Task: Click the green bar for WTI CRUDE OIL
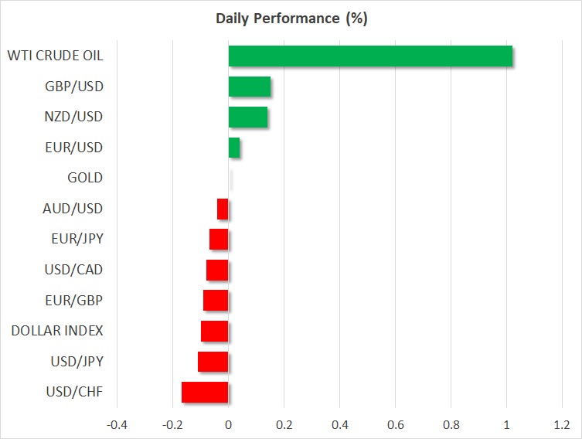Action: click(x=370, y=56)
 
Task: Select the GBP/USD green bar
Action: click(x=250, y=87)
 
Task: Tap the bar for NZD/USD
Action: click(x=248, y=117)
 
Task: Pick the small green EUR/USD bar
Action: click(x=234, y=148)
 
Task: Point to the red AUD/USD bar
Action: click(x=223, y=209)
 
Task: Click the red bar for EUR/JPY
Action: click(x=219, y=240)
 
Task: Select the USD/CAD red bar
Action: click(x=217, y=271)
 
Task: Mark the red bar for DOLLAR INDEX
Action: click(x=215, y=331)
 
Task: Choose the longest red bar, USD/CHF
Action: click(x=205, y=393)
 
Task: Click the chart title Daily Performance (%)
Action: click(x=291, y=19)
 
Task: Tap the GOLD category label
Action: click(x=85, y=178)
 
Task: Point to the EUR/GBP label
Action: click(x=74, y=300)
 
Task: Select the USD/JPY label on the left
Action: click(x=77, y=362)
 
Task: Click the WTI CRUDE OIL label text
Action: click(x=56, y=56)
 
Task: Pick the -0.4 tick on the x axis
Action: click(x=117, y=425)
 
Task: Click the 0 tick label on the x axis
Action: click(x=228, y=425)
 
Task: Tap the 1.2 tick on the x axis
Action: click(x=562, y=425)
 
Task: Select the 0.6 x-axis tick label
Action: click(x=395, y=425)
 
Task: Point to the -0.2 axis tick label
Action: click(x=172, y=425)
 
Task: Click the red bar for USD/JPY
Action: click(x=213, y=362)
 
